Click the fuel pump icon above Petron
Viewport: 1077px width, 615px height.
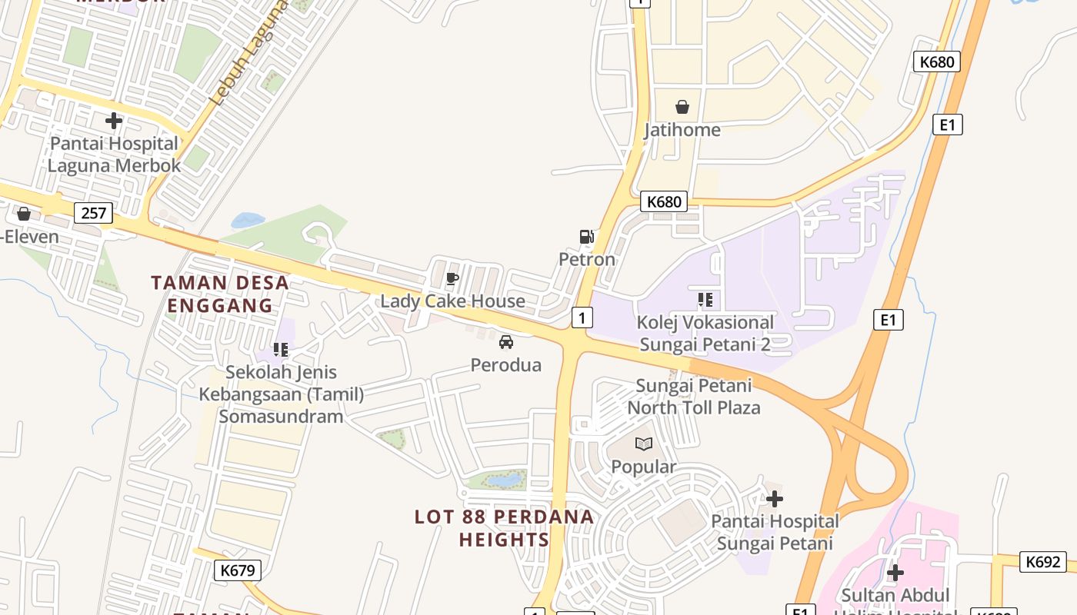click(586, 237)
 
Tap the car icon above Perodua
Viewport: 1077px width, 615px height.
click(506, 342)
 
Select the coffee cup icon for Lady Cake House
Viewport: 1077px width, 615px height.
click(452, 278)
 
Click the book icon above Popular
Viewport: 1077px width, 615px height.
click(644, 444)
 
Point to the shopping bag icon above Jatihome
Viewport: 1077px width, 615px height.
click(682, 107)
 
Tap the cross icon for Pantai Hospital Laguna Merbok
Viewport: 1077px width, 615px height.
click(114, 121)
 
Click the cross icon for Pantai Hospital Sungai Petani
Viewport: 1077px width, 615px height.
click(775, 499)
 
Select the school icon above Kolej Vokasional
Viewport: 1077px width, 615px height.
click(705, 300)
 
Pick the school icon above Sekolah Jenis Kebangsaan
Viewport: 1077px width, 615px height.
click(281, 350)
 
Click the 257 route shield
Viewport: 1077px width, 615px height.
click(93, 213)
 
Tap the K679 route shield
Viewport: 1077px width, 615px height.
click(238, 570)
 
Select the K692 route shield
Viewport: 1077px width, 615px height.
click(1043, 562)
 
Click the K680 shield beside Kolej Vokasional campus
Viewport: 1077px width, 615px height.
click(664, 201)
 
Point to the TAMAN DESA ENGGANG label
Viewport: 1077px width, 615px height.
click(220, 294)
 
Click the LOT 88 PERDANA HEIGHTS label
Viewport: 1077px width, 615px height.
click(505, 528)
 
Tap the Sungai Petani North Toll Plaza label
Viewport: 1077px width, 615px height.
click(694, 396)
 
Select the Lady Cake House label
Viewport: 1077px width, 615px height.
click(453, 301)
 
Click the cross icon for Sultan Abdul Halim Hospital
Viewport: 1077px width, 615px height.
click(895, 573)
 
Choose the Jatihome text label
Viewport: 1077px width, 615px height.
click(682, 130)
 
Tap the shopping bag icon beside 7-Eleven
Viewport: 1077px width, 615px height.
click(24, 214)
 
